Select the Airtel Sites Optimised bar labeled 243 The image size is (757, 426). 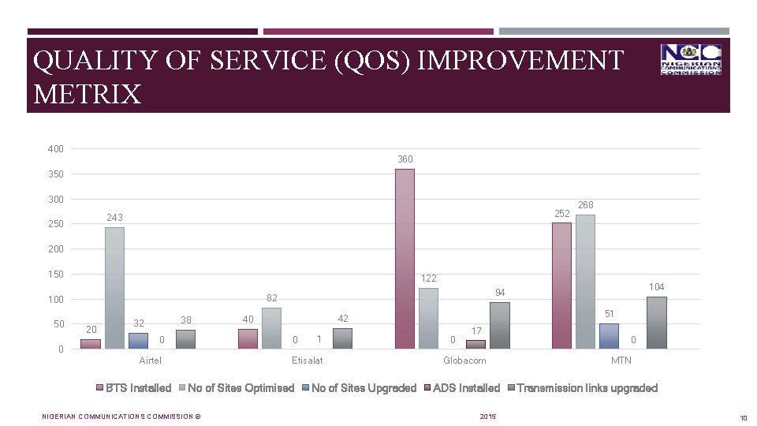(114, 288)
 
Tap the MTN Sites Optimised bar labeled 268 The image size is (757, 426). (585, 282)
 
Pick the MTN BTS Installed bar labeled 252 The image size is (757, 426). (561, 286)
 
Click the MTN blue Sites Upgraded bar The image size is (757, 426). (609, 336)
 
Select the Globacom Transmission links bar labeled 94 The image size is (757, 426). (499, 325)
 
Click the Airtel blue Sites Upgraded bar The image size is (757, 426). (138, 341)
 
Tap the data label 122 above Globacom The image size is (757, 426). (428, 278)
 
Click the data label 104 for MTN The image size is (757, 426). (656, 287)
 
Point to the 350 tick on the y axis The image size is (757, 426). (55, 174)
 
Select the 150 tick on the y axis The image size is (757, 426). (55, 275)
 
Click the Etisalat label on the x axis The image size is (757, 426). (307, 361)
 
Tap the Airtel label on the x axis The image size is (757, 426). (150, 361)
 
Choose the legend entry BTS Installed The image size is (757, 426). (138, 388)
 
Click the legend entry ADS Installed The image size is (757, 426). (466, 388)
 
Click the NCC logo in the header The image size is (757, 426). (691, 60)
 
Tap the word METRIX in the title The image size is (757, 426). (88, 95)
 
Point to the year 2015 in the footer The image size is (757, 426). (487, 416)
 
